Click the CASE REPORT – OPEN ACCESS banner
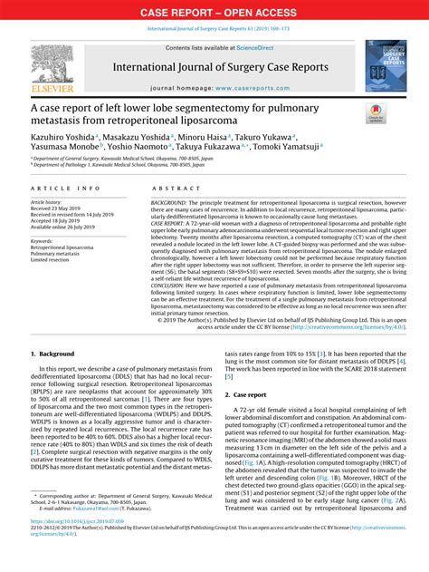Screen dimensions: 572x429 (x=214, y=12)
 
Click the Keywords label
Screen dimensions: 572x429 (x=47, y=240)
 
